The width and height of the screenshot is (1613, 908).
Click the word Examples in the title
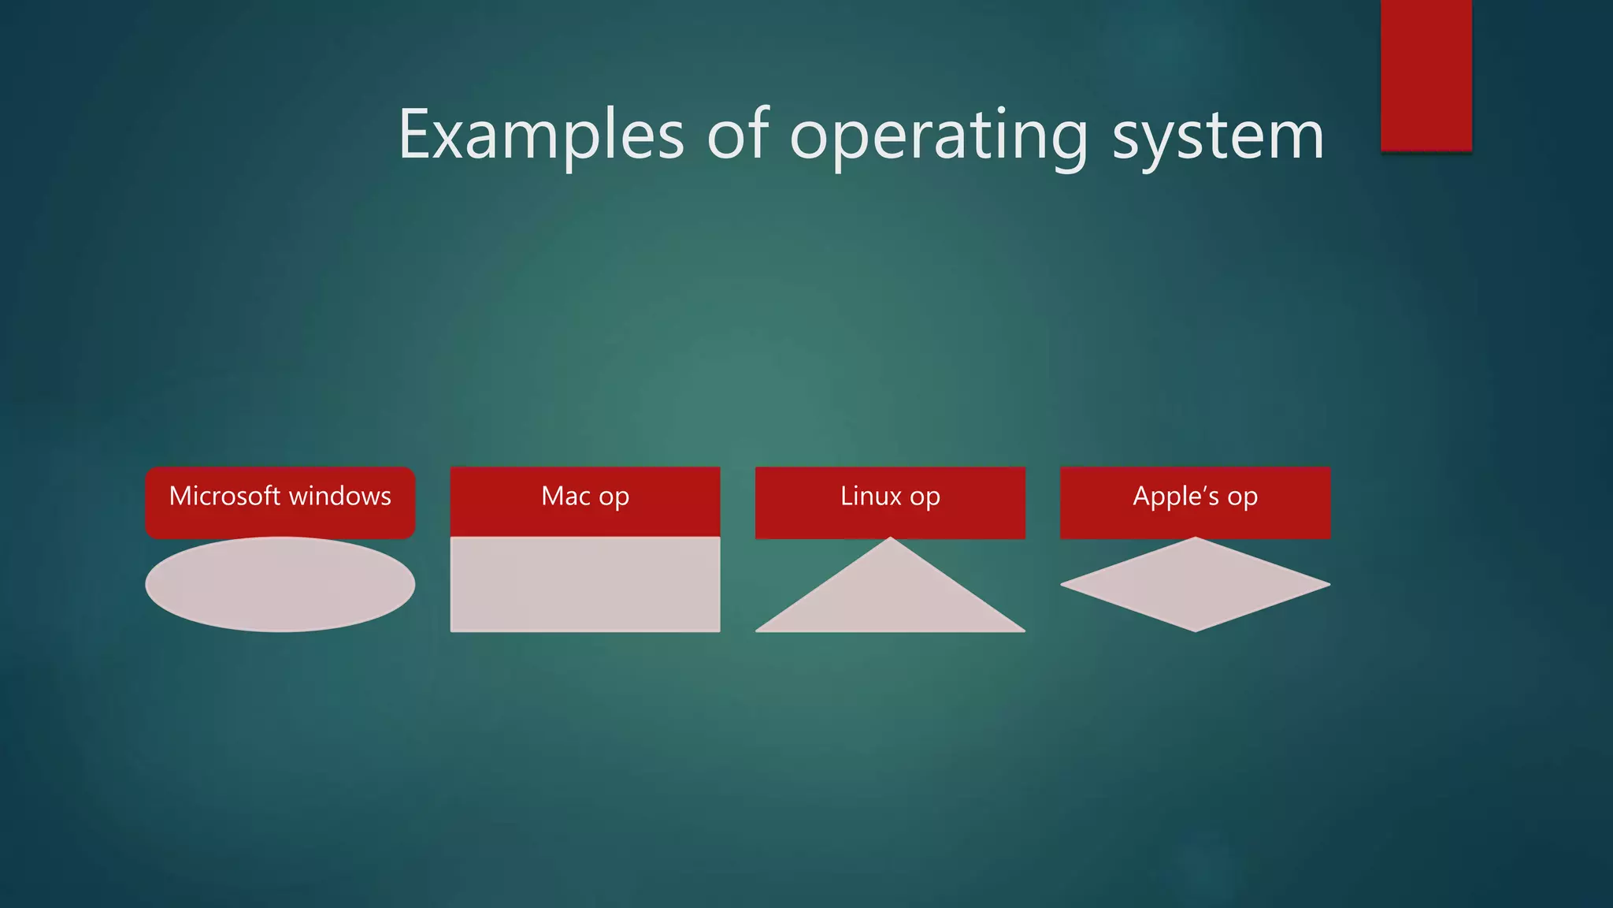(x=541, y=136)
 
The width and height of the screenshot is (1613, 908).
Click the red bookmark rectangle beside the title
(x=1426, y=75)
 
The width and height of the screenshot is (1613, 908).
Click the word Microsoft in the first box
(x=224, y=496)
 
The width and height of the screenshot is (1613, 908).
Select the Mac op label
(x=585, y=497)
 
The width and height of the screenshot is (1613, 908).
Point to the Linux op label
(x=890, y=497)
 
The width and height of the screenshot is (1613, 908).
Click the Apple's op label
(x=1195, y=497)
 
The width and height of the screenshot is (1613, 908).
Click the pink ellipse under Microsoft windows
(x=280, y=584)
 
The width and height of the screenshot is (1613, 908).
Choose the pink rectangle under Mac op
(x=585, y=584)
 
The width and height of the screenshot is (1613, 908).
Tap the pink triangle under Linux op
(x=890, y=599)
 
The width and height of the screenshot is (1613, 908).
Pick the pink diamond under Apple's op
(x=1195, y=584)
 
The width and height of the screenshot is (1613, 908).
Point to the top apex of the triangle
(x=890, y=540)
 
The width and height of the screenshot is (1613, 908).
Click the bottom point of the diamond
(x=1195, y=629)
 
